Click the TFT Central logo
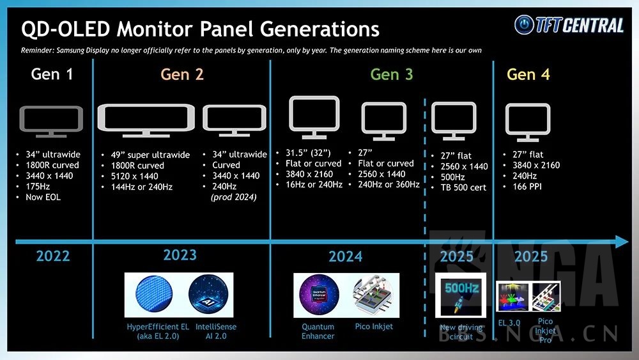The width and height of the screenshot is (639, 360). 569,25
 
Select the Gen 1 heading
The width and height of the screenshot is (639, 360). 52,74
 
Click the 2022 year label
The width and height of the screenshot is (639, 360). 53,256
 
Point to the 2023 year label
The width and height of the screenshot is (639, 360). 180,255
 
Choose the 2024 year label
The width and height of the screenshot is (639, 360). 345,256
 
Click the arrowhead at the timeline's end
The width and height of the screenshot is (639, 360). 622,242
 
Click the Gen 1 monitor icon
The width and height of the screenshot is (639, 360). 51,122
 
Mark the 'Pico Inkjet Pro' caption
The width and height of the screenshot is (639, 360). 545,330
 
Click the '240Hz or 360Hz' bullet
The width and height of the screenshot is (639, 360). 389,184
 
